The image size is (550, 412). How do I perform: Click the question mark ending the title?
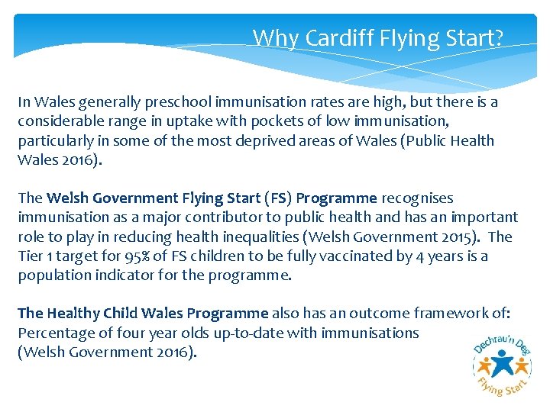point(498,37)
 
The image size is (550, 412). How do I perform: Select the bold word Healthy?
point(74,314)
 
